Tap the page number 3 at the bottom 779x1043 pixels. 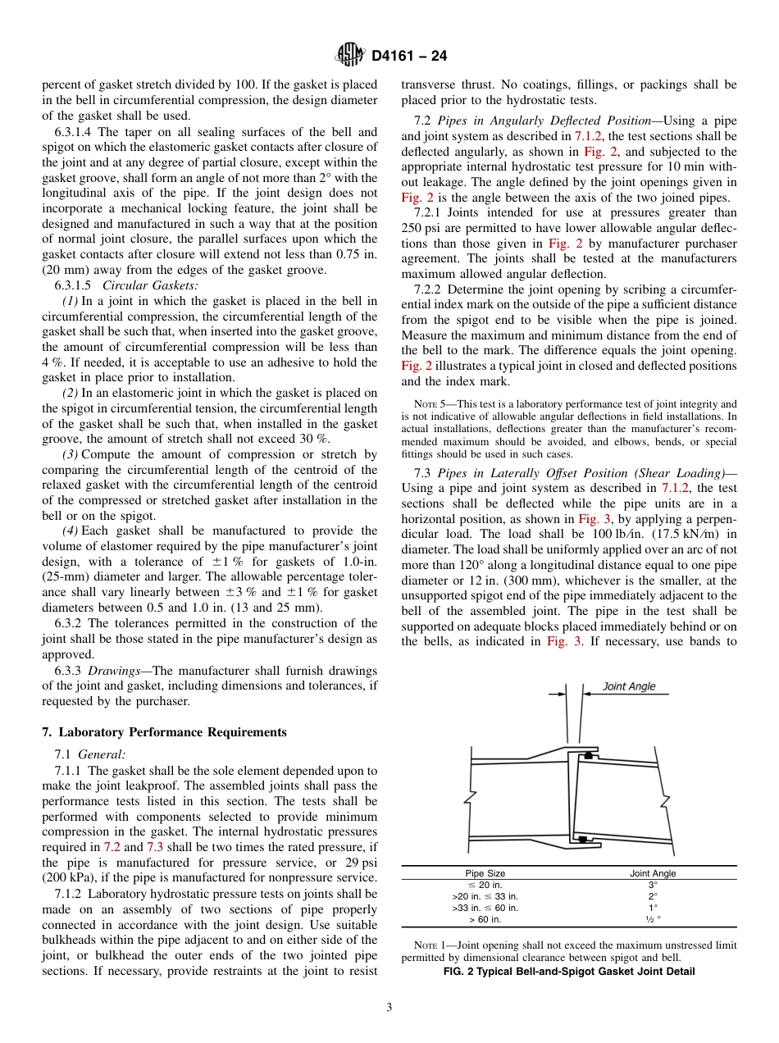point(389,1008)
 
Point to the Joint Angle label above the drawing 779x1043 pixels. point(629,686)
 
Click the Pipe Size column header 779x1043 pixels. point(485,873)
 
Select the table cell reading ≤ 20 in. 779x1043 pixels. point(485,885)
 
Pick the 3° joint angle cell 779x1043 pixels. point(653,885)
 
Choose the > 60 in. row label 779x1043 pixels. point(485,919)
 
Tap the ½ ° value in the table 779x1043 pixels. point(653,919)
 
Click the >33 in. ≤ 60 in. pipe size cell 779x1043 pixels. point(485,908)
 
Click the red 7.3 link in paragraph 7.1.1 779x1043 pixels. point(153,846)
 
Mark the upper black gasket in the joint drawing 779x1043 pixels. point(588,754)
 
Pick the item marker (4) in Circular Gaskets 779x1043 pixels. point(71,531)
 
